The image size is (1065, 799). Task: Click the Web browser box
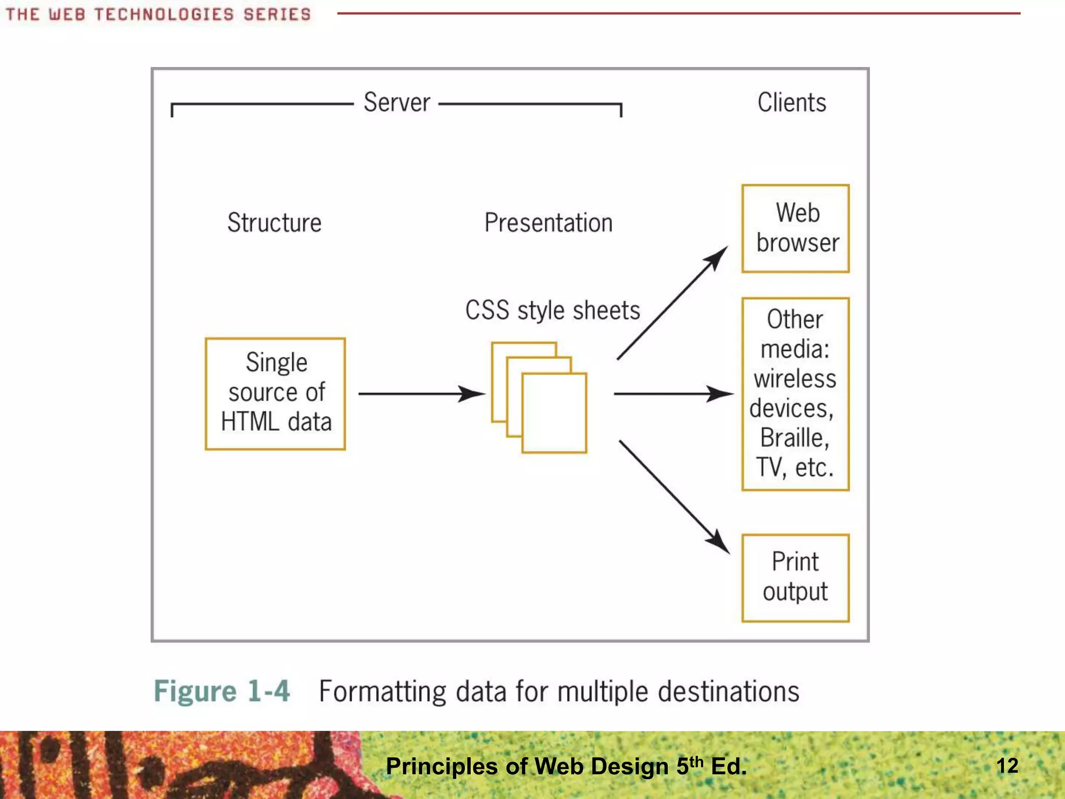(795, 228)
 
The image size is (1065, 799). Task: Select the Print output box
(795, 577)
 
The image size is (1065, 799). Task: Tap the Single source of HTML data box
(275, 394)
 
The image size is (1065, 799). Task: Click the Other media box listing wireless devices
(795, 394)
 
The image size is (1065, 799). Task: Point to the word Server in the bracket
(397, 102)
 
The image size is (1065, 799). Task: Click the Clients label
(791, 102)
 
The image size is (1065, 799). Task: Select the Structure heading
(275, 223)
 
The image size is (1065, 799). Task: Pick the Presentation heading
(548, 223)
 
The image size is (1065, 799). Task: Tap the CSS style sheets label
(552, 311)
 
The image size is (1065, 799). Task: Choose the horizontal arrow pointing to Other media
(673, 394)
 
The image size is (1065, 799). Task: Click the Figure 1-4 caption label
(222, 691)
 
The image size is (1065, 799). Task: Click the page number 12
(1007, 766)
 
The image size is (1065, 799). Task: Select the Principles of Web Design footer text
(566, 766)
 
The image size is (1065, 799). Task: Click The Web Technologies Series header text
(158, 15)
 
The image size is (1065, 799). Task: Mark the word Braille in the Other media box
(794, 438)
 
